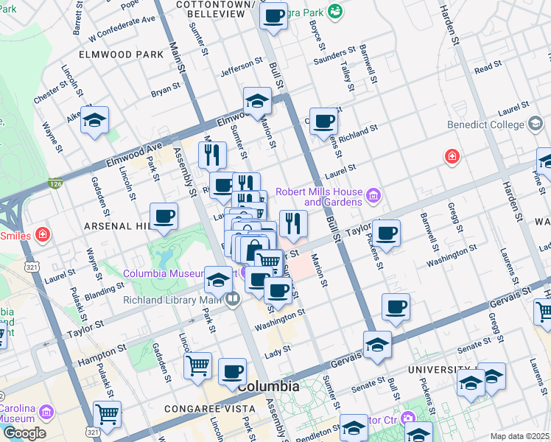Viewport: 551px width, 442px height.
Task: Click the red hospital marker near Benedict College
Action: [x=451, y=157]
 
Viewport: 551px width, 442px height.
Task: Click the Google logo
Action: [x=24, y=433]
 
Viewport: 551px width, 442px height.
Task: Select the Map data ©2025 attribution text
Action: [x=520, y=436]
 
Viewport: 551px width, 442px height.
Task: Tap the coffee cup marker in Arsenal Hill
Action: [x=164, y=217]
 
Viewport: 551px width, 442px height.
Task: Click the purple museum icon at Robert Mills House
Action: [x=373, y=196]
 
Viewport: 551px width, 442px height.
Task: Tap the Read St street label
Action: [x=488, y=68]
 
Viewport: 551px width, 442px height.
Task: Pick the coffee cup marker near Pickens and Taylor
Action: [x=386, y=234]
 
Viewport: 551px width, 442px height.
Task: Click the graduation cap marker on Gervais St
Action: [x=376, y=344]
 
